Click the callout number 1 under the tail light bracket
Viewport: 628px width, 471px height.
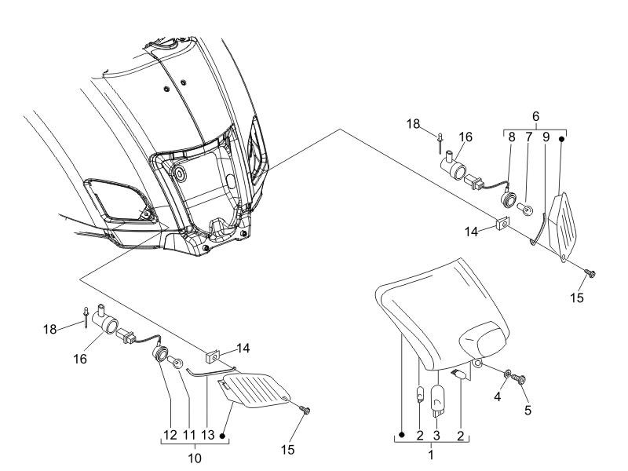(431, 455)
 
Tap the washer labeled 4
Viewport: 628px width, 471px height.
(507, 374)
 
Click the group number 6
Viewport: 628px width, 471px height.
(536, 116)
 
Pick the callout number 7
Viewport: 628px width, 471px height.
(528, 137)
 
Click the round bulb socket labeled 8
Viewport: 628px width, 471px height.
(509, 199)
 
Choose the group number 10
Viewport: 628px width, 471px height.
(195, 458)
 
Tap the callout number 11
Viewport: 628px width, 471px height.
(189, 435)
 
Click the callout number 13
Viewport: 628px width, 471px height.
(208, 435)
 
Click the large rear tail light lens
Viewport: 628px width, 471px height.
(442, 315)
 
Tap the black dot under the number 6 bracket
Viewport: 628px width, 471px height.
(561, 139)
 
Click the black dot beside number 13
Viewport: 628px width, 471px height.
(223, 436)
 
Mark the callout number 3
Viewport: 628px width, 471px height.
(437, 436)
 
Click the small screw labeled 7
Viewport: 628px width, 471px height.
(524, 208)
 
